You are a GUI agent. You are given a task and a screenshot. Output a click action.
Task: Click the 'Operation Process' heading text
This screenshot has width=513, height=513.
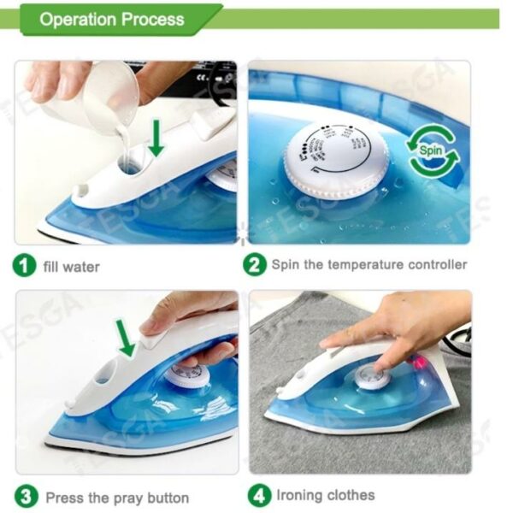coord(112,19)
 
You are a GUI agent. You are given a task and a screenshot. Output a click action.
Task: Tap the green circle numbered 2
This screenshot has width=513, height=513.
coord(255,264)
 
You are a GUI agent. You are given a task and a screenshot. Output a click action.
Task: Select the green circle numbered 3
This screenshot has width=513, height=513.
coord(27,496)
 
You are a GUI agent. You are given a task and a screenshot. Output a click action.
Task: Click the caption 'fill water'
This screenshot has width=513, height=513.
coord(71,266)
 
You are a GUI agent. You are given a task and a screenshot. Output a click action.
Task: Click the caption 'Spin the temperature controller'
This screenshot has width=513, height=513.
coord(369,264)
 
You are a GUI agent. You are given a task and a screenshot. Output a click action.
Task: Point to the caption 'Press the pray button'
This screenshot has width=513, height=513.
coord(117,497)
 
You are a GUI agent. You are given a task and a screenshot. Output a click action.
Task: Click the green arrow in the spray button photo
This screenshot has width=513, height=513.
coord(127,338)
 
